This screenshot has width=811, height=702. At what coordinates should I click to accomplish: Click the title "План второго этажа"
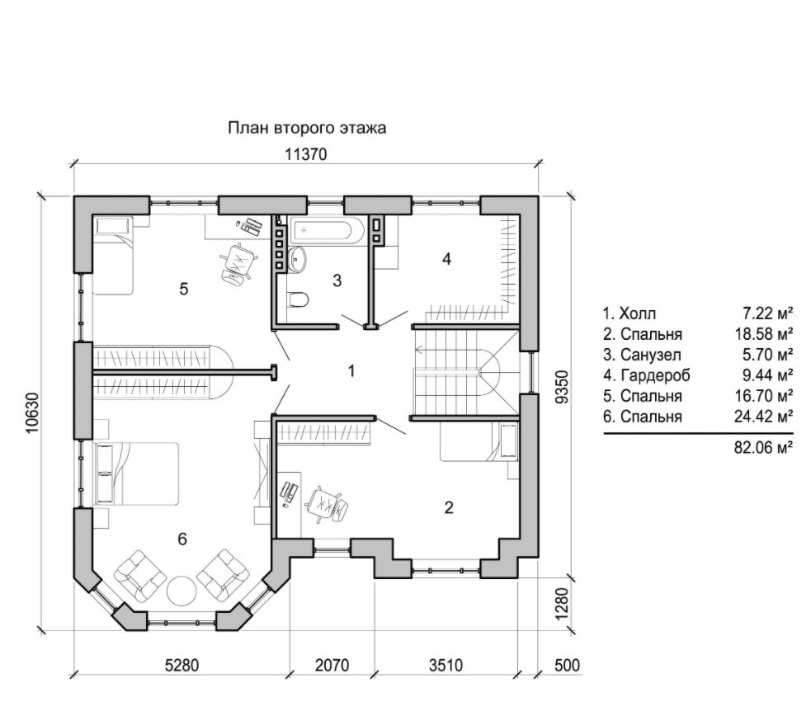pos(307,128)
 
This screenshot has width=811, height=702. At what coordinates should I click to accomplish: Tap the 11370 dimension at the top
pos(306,154)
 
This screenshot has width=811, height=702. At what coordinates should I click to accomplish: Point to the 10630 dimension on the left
pos(32,412)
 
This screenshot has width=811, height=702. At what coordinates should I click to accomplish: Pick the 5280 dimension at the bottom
pos(182,665)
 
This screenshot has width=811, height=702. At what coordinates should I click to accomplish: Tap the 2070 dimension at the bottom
pos(332,665)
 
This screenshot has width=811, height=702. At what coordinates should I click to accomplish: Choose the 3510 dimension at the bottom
pos(446,665)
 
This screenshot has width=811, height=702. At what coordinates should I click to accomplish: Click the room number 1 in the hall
pos(351,371)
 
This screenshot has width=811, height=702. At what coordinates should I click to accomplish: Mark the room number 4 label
pos(447,259)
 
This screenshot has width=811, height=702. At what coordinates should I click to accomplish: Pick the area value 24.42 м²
pos(763,417)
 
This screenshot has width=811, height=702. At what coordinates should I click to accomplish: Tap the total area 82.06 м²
pos(763,447)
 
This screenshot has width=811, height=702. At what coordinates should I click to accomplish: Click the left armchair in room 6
pos(140,574)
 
